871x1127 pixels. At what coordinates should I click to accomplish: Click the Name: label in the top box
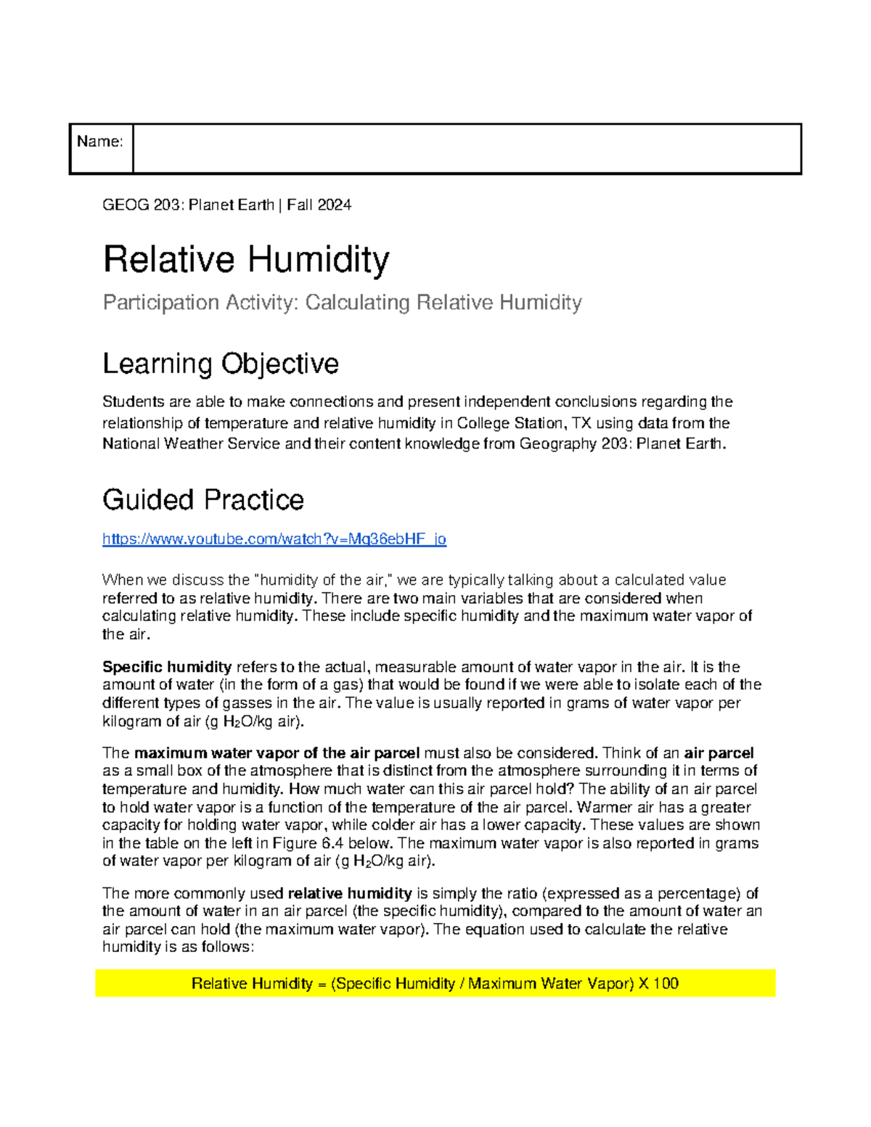pos(100,142)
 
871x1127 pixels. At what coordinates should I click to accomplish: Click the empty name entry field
pos(467,149)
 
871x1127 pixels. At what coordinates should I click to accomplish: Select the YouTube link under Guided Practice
pos(274,539)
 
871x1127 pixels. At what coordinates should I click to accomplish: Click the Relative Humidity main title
pos(246,260)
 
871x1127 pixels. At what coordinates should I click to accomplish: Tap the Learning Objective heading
pos(221,364)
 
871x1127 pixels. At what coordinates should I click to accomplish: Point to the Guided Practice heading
pos(203,500)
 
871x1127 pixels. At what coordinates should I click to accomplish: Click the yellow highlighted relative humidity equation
pos(435,984)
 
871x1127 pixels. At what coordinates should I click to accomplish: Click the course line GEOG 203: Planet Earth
pos(189,205)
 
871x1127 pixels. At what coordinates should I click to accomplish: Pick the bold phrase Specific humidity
pos(167,667)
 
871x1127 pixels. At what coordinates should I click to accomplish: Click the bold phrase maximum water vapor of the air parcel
pos(277,753)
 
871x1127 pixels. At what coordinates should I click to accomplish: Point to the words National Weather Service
pos(191,444)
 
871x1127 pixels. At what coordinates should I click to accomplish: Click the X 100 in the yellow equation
pos(658,984)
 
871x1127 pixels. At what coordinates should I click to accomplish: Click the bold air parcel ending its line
pos(719,753)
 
